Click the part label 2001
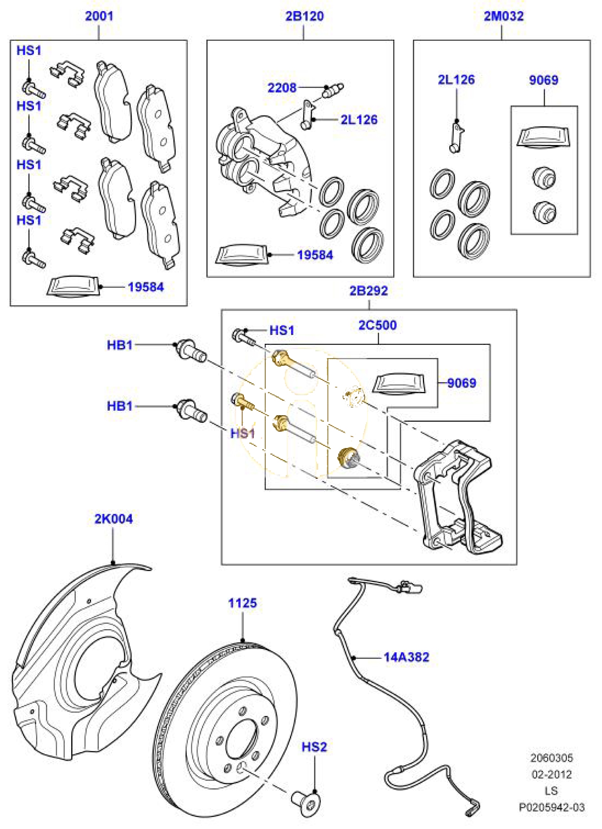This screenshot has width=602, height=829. coord(99,16)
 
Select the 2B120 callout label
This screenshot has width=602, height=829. coord(304,16)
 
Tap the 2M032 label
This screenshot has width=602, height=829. coord(503,16)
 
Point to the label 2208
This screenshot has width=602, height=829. coord(282,88)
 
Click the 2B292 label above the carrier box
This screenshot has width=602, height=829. coord(368,290)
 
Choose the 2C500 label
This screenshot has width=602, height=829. coord(377,325)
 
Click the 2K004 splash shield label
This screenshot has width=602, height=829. coord(114,518)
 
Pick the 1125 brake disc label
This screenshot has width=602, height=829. coord(242,603)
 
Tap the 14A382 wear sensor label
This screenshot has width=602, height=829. coord(406,657)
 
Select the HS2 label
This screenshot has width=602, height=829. coord(314,747)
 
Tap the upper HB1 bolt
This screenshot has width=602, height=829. coord(191,351)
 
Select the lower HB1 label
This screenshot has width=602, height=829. coord(120,406)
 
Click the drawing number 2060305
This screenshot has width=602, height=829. coord(551,758)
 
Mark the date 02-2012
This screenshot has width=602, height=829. coord(551,774)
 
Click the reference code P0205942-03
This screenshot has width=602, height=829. coord(551,807)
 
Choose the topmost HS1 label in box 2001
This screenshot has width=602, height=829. coord(29,50)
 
